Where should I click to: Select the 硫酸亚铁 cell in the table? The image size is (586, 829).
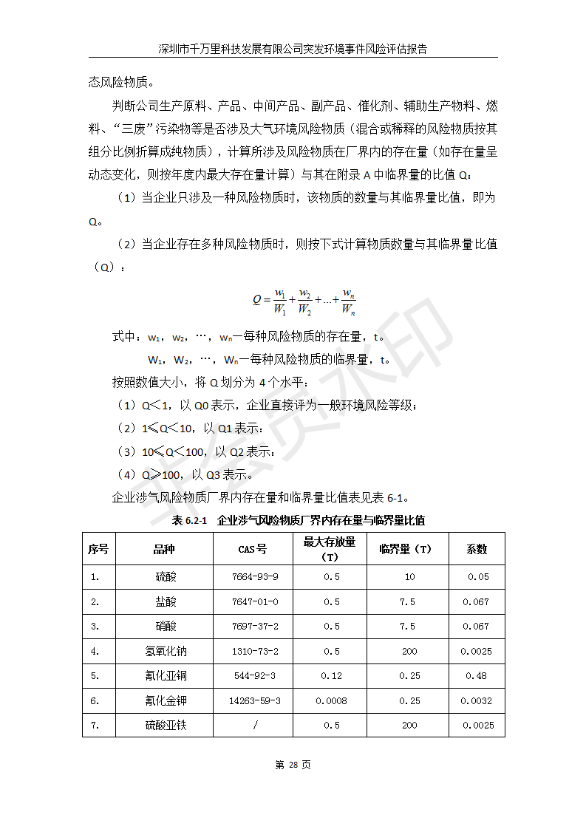166,725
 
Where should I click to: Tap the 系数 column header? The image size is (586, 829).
476,549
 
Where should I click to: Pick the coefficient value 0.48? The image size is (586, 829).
476,675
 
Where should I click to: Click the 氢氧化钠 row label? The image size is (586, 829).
166,651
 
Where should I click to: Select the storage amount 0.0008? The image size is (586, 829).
332,700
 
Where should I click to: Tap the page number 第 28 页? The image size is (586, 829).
293,765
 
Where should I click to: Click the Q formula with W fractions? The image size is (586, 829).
304,301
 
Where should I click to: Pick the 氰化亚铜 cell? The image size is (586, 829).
166,675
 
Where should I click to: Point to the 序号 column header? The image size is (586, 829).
98,549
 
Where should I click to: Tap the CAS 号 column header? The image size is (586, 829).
253,549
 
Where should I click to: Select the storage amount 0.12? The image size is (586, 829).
332,675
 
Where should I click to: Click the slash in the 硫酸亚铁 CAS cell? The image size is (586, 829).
255,725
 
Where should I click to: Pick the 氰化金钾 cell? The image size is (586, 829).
166,700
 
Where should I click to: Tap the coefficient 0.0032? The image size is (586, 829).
476,700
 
